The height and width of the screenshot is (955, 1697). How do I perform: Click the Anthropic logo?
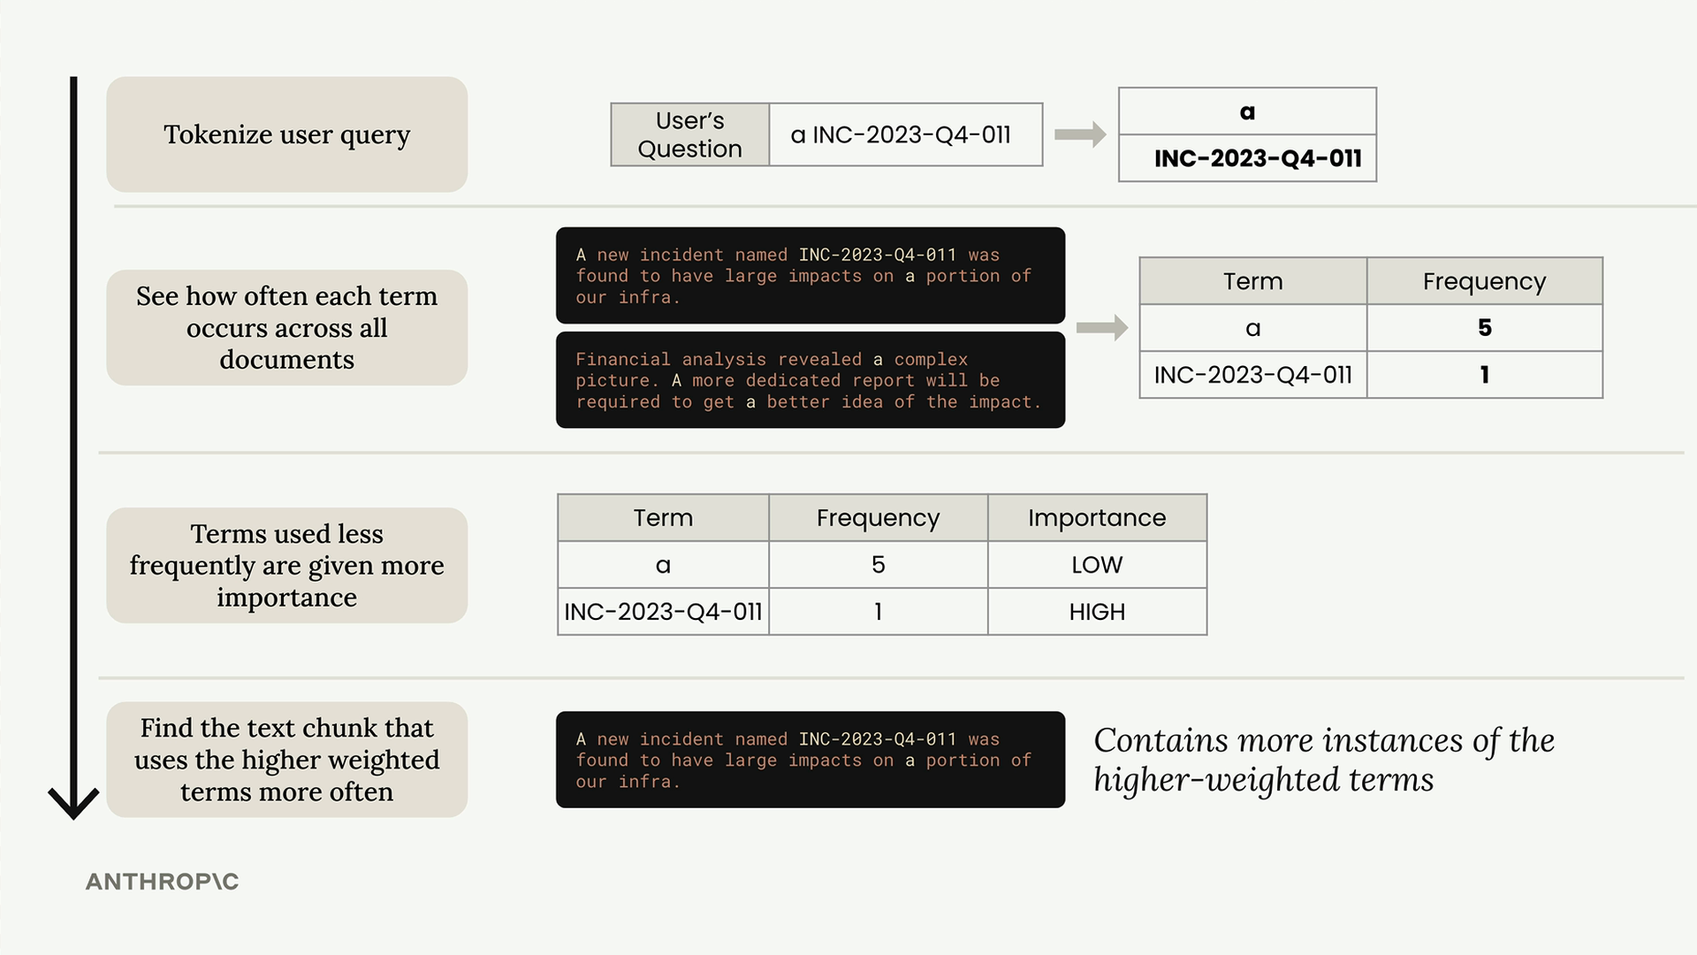[162, 882]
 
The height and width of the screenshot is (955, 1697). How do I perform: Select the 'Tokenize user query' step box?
[287, 134]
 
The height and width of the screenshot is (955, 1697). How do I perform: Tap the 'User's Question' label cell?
[690, 134]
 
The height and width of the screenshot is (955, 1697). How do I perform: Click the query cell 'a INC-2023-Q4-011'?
[906, 134]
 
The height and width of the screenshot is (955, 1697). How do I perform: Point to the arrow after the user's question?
[1080, 134]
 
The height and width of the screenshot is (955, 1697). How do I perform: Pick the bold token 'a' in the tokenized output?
[1247, 112]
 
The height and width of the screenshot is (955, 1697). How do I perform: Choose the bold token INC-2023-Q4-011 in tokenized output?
[1258, 158]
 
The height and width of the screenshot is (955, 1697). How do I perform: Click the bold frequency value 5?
[1485, 328]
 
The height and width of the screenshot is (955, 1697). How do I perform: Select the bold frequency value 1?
[1485, 375]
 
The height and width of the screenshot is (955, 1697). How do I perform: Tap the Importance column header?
[1097, 518]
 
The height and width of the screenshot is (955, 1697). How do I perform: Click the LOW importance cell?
[1097, 565]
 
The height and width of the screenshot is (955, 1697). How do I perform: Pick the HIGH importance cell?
[1097, 612]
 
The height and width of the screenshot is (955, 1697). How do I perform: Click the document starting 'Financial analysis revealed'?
[810, 380]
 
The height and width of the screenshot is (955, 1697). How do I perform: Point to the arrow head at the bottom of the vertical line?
[73, 803]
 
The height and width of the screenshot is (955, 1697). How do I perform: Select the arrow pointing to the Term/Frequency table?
[1102, 328]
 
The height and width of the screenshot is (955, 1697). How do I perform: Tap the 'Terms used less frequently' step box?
[287, 566]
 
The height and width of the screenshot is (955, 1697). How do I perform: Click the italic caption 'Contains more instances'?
[1324, 760]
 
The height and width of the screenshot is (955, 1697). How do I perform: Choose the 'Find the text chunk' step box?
[287, 760]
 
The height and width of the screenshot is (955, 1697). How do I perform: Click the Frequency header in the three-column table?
[879, 518]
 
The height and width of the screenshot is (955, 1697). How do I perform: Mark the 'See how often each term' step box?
[287, 328]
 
